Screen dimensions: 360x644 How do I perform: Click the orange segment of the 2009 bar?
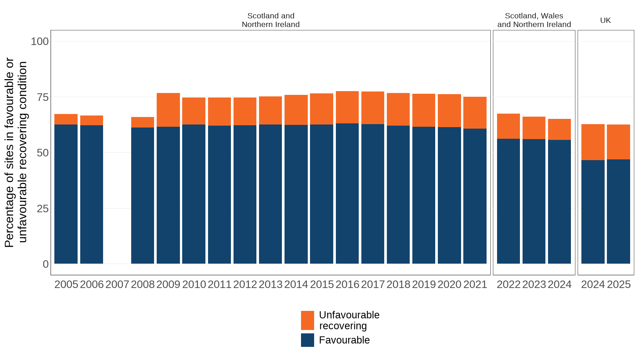(x=168, y=110)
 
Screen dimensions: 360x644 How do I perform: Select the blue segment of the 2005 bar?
(x=66, y=194)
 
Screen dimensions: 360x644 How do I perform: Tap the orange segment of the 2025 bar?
(x=619, y=142)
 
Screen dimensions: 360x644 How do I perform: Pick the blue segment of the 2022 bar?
(x=508, y=201)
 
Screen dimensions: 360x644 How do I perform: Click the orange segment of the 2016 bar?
(x=347, y=107)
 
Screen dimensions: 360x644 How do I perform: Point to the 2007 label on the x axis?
(x=117, y=285)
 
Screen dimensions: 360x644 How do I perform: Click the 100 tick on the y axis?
(x=40, y=41)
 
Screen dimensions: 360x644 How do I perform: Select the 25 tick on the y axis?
(x=43, y=208)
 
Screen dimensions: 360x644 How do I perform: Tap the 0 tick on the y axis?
(x=46, y=264)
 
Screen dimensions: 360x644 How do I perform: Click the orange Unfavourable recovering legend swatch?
(x=307, y=320)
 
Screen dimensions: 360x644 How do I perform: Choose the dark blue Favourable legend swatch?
(x=307, y=340)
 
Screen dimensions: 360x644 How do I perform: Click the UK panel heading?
(x=605, y=20)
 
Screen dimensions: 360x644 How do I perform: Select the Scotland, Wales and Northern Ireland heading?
(x=534, y=20)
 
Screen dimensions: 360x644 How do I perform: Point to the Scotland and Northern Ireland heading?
(x=271, y=20)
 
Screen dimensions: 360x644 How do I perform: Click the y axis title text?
(x=16, y=152)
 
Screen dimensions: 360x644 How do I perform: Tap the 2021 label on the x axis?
(x=475, y=285)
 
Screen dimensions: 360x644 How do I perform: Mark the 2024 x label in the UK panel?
(x=593, y=285)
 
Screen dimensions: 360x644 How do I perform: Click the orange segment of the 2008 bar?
(x=142, y=122)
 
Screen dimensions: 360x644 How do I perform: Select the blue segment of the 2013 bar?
(x=270, y=194)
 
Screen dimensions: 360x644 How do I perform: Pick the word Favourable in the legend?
(x=344, y=340)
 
